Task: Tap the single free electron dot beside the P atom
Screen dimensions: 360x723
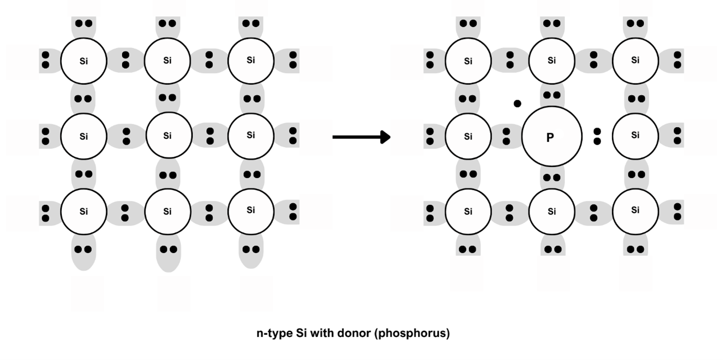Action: (517, 104)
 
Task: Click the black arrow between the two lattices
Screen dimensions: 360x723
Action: (361, 137)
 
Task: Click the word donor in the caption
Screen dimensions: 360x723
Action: (353, 333)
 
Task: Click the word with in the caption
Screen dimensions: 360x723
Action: (324, 333)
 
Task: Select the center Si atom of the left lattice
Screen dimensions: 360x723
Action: (167, 136)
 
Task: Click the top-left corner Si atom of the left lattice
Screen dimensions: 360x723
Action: (84, 61)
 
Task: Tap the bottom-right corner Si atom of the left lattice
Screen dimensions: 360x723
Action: (251, 211)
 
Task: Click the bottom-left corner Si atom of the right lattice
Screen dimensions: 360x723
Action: (468, 211)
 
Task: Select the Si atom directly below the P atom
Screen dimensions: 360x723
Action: (552, 211)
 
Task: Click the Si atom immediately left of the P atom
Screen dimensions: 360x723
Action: (468, 136)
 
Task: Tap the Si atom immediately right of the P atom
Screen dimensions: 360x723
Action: (635, 136)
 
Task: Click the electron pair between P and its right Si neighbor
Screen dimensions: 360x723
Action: (597, 136)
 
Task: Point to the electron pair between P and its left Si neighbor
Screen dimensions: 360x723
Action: (506, 136)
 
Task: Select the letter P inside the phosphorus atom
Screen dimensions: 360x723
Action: (550, 138)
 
